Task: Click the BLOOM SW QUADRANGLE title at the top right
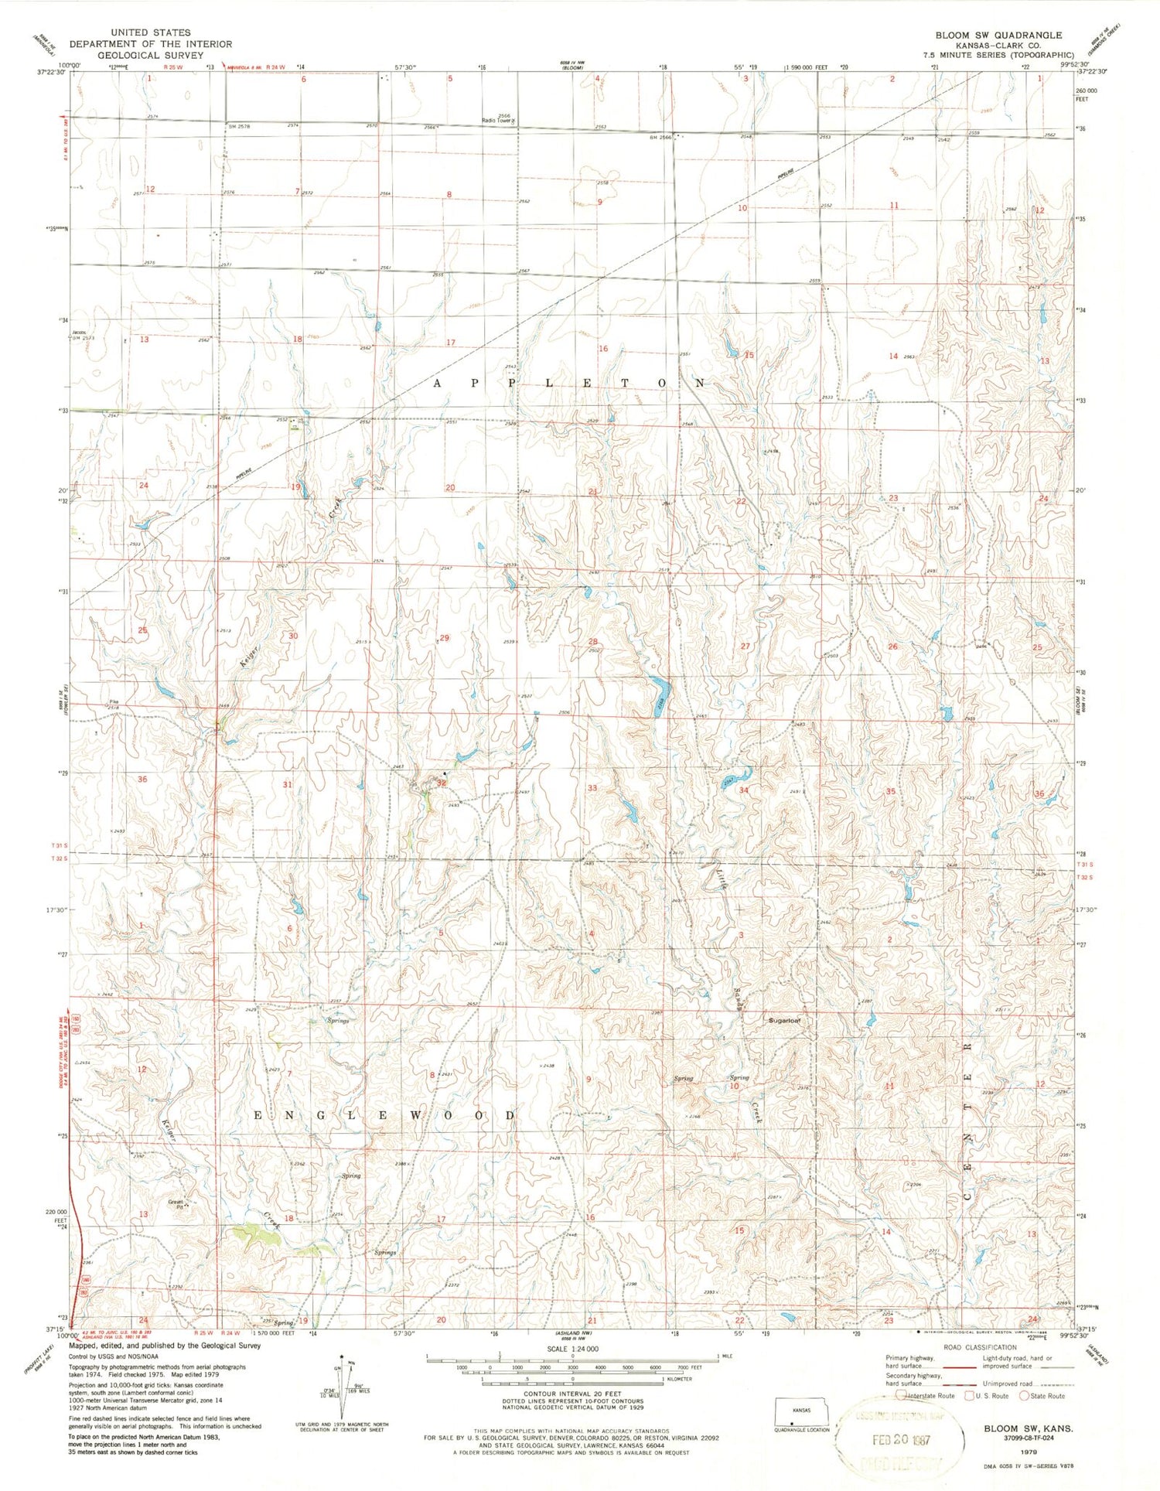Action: (998, 36)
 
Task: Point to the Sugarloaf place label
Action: (783, 1020)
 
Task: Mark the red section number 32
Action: (442, 783)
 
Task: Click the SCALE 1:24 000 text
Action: (571, 1349)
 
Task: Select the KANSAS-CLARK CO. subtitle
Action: (998, 46)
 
